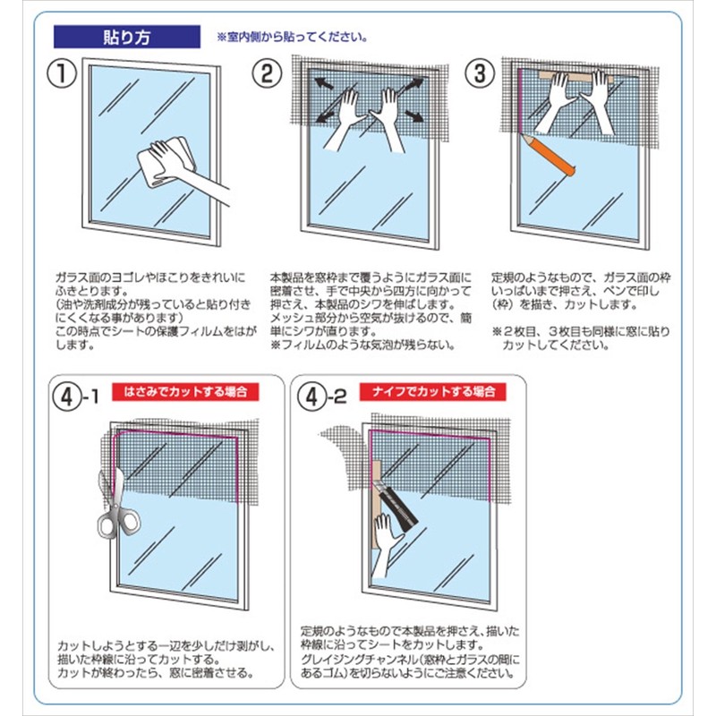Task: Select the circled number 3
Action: tap(480, 72)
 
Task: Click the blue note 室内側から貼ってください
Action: tap(291, 38)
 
